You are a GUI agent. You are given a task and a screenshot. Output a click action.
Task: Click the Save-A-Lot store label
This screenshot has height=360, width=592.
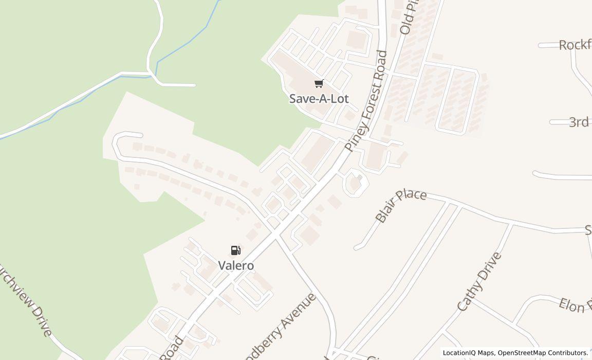[319, 98]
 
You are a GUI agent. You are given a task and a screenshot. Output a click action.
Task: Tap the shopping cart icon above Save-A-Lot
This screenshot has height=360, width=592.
[319, 83]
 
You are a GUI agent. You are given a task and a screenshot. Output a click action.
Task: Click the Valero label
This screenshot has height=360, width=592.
[236, 266]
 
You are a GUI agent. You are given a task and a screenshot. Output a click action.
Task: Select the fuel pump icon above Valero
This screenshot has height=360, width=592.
[235, 250]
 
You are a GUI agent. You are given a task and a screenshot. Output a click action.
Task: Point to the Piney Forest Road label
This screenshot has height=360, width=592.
[366, 100]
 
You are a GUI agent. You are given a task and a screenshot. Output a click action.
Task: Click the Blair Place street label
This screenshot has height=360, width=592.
[401, 206]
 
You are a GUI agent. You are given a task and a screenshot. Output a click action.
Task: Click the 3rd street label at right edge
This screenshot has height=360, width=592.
[579, 122]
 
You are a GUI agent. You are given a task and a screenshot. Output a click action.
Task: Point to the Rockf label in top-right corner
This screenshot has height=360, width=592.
[575, 45]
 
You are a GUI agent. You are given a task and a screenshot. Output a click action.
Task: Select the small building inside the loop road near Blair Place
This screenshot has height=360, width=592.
[354, 183]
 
